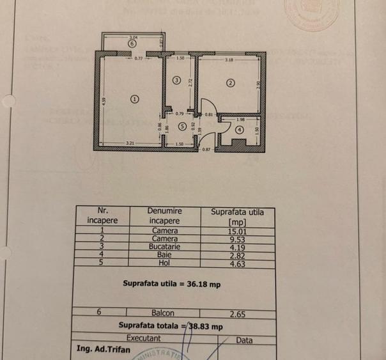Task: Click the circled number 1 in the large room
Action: (134, 98)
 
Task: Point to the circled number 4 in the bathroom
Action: (239, 130)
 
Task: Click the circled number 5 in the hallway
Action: (182, 126)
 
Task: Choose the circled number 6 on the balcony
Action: (131, 43)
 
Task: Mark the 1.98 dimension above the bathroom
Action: (240, 120)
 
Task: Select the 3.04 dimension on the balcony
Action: (132, 37)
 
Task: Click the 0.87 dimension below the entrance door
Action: (206, 149)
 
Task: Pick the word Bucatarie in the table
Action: (165, 246)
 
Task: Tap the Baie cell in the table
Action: (165, 254)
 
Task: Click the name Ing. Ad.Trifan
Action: (102, 349)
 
